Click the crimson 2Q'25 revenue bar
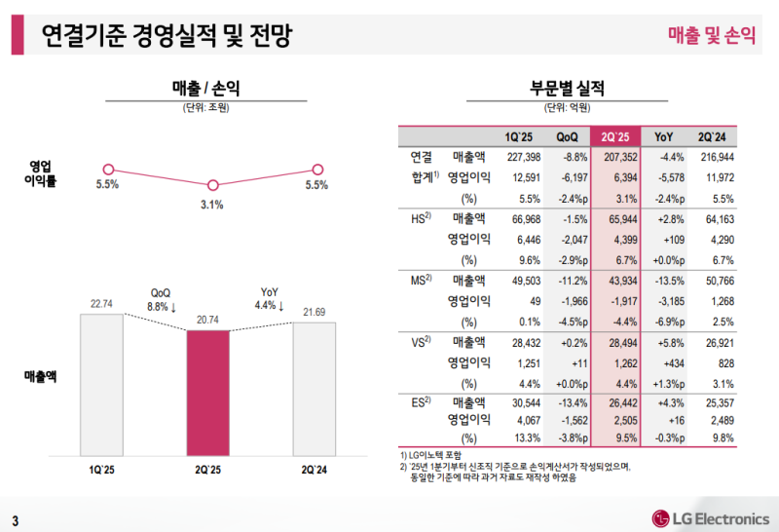208,391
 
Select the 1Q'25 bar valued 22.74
101,383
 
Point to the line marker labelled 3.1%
212,185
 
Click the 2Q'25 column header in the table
619,135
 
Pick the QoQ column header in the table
568,135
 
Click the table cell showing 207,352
619,157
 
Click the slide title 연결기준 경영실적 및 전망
165,37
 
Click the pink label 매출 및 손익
712,36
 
